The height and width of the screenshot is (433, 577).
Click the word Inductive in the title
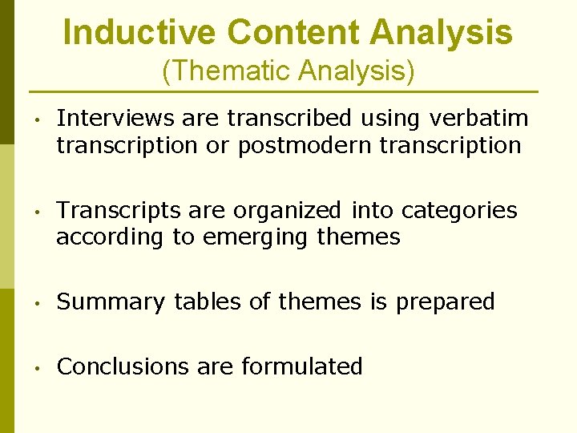point(139,32)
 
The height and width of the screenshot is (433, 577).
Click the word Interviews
point(116,119)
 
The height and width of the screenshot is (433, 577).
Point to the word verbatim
point(479,119)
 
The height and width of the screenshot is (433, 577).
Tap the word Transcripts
point(119,210)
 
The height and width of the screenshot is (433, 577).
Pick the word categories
point(459,210)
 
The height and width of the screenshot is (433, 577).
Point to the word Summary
point(111,301)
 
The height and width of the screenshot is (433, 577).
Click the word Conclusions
point(123,366)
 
